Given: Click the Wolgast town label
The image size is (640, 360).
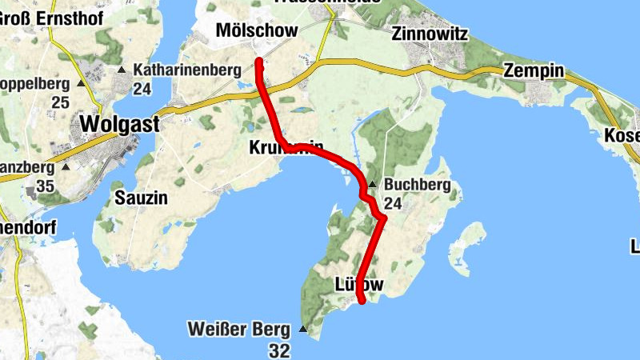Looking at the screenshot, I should point(120,125).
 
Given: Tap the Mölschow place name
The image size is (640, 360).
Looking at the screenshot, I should point(258,30).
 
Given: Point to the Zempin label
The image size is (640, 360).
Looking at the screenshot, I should point(534,71).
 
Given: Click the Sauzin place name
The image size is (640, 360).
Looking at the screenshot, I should point(142,198).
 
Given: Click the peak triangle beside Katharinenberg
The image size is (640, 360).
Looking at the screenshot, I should point(122,70).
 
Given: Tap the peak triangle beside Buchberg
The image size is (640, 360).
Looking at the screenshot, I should point(373,185).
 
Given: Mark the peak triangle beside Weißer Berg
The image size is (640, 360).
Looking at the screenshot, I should point(302,329).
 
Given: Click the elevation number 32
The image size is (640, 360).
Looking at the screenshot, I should point(279,350).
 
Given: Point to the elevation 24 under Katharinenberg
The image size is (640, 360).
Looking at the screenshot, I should point(142,89).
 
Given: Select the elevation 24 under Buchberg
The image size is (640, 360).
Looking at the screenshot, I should point(393,204).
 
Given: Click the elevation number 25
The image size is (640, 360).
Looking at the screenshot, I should point(60,102).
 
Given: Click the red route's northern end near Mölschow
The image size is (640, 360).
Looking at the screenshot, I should point(258,62).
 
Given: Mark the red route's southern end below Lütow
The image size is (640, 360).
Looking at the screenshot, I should point(362,301).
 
